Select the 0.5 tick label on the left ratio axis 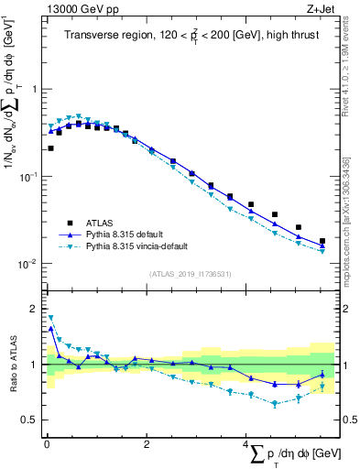pos(30,420)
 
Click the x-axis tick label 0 pos(47,444)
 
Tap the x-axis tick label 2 pos(147,444)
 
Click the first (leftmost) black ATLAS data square pos(50,147)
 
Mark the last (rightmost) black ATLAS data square pos(322,242)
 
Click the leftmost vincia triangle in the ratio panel pos(50,318)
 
